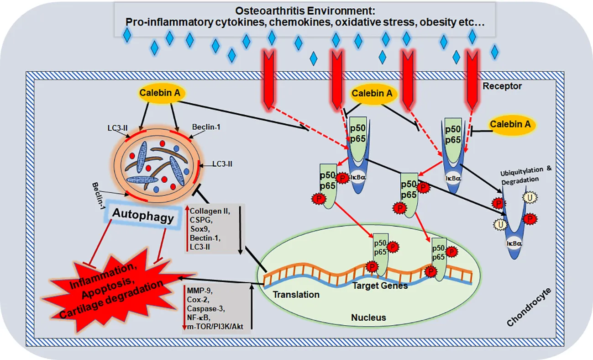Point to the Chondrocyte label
(x=530, y=307)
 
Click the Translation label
(x=296, y=294)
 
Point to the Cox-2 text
(x=197, y=299)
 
